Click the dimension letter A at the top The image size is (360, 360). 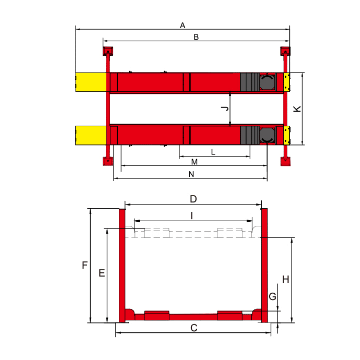[183, 25]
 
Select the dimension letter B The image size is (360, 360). [196, 37]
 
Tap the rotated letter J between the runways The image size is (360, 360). [225, 108]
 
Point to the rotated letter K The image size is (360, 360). [297, 109]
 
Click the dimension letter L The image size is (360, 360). [213, 152]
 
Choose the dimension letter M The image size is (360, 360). [194, 162]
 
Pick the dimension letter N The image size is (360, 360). [191, 174]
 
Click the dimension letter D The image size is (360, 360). [193, 199]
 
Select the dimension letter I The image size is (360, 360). [192, 216]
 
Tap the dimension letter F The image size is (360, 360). [85, 265]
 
